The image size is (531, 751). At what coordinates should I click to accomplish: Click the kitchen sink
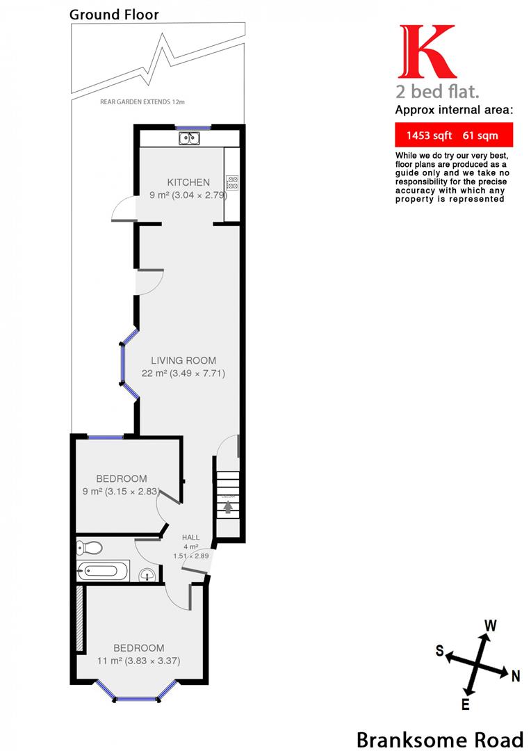188,138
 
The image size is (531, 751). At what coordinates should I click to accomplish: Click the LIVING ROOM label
183,360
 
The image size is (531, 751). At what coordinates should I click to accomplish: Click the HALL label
190,538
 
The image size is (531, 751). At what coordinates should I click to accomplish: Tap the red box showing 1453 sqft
445,134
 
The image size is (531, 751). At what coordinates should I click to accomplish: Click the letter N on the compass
515,675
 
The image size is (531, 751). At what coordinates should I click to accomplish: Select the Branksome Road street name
439,738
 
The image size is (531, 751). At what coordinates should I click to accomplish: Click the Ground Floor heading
114,15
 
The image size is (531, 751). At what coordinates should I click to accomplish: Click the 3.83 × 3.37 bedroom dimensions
153,661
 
